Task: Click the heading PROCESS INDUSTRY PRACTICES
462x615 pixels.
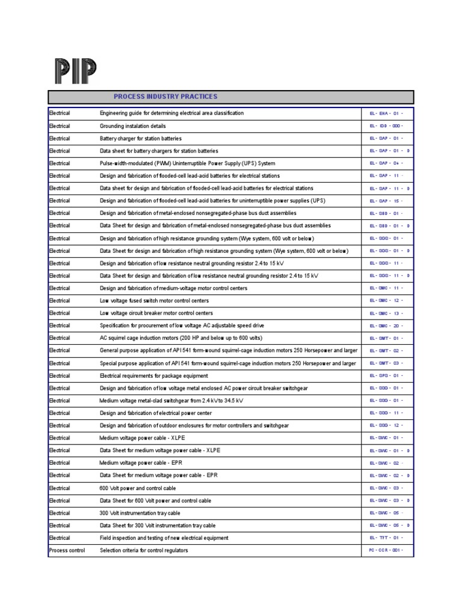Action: tap(165, 97)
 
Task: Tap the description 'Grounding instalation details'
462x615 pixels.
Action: tap(132, 126)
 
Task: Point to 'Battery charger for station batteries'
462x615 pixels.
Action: tap(140, 139)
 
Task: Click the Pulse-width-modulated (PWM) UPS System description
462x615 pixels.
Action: tap(187, 163)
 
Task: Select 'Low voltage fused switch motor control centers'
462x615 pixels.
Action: tap(156, 300)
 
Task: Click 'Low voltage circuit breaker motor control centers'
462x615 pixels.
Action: tap(156, 313)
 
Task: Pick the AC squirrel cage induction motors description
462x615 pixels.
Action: tap(180, 338)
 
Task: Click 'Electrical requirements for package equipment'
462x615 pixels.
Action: tap(155, 375)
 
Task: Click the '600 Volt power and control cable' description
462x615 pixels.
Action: tap(138, 488)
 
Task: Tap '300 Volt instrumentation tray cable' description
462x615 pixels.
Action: tap(140, 513)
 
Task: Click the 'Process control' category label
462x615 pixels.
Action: tap(67, 550)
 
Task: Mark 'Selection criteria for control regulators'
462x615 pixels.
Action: tap(144, 550)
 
